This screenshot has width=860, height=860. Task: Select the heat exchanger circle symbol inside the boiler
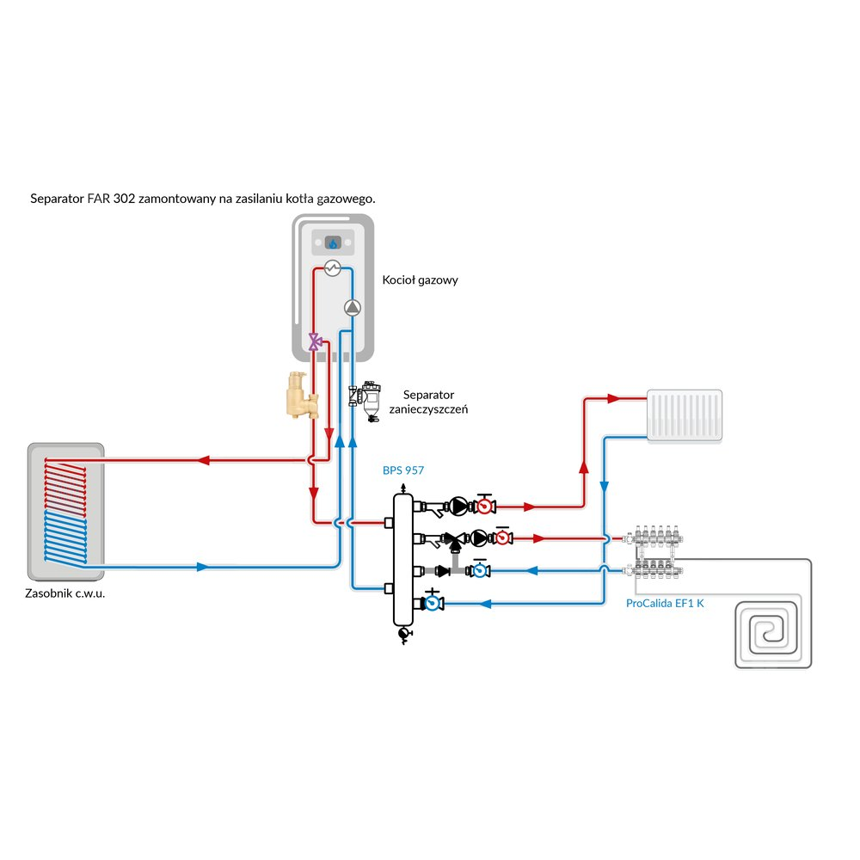click(x=333, y=269)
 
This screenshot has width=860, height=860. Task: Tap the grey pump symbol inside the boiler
click(x=353, y=308)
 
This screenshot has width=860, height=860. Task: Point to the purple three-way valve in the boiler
click(x=316, y=342)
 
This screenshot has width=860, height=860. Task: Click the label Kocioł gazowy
click(x=420, y=280)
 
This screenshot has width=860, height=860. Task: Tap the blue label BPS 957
click(x=403, y=470)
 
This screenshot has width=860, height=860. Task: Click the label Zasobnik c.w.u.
click(x=64, y=593)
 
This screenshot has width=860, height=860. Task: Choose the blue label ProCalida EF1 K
click(x=665, y=604)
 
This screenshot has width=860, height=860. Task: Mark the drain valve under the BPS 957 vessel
click(x=402, y=635)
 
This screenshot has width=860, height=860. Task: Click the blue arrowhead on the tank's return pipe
click(x=202, y=567)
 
